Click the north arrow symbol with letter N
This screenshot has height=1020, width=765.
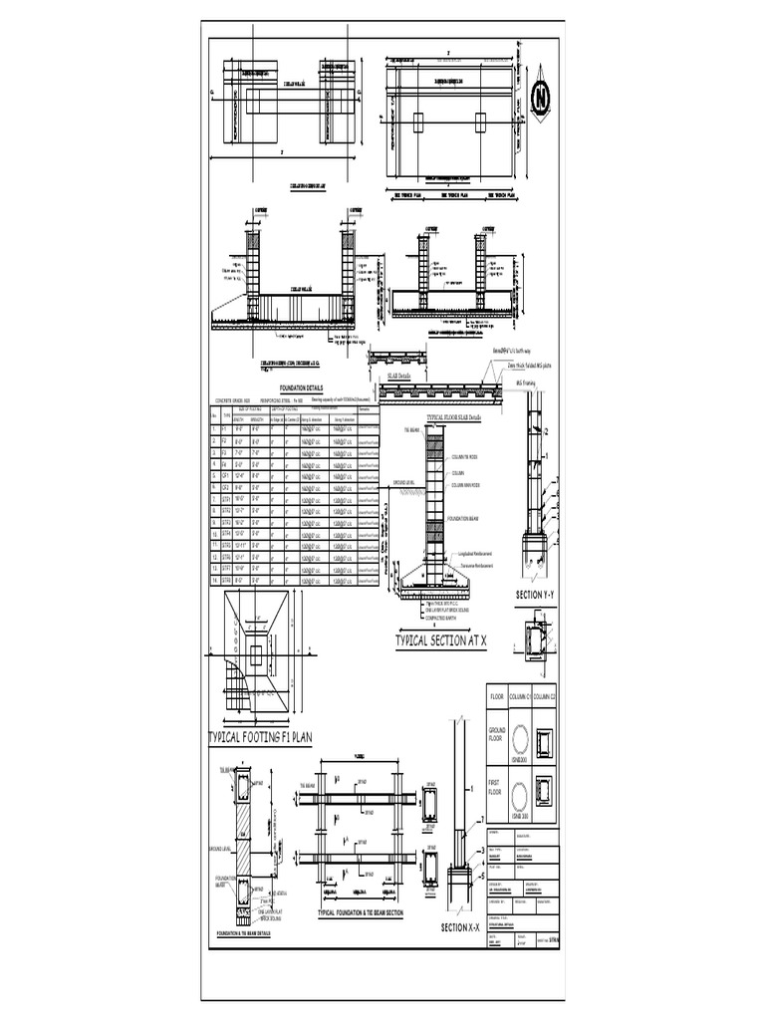(x=541, y=97)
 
